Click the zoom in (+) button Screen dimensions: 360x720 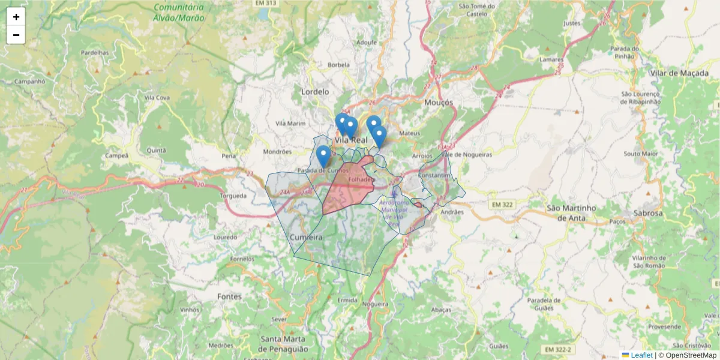(16, 17)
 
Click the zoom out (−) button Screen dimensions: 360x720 (16, 35)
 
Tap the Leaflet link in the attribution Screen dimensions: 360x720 (641, 355)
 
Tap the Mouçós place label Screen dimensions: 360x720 (438, 103)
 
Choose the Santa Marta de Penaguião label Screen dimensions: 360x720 (284, 344)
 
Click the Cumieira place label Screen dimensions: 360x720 (306, 238)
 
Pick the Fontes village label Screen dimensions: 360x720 (230, 296)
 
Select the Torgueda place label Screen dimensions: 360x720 (233, 196)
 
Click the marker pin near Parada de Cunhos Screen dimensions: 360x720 (323, 155)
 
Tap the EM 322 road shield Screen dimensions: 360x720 (502, 205)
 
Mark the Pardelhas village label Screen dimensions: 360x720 (95, 53)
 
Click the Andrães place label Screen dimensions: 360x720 (452, 212)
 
